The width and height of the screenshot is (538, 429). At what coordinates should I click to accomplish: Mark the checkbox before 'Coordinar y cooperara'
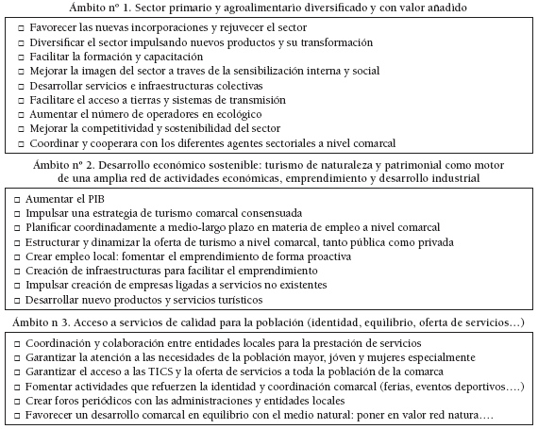tap(21, 143)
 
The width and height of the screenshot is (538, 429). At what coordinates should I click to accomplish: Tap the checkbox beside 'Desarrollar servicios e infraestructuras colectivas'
tap(21, 87)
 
